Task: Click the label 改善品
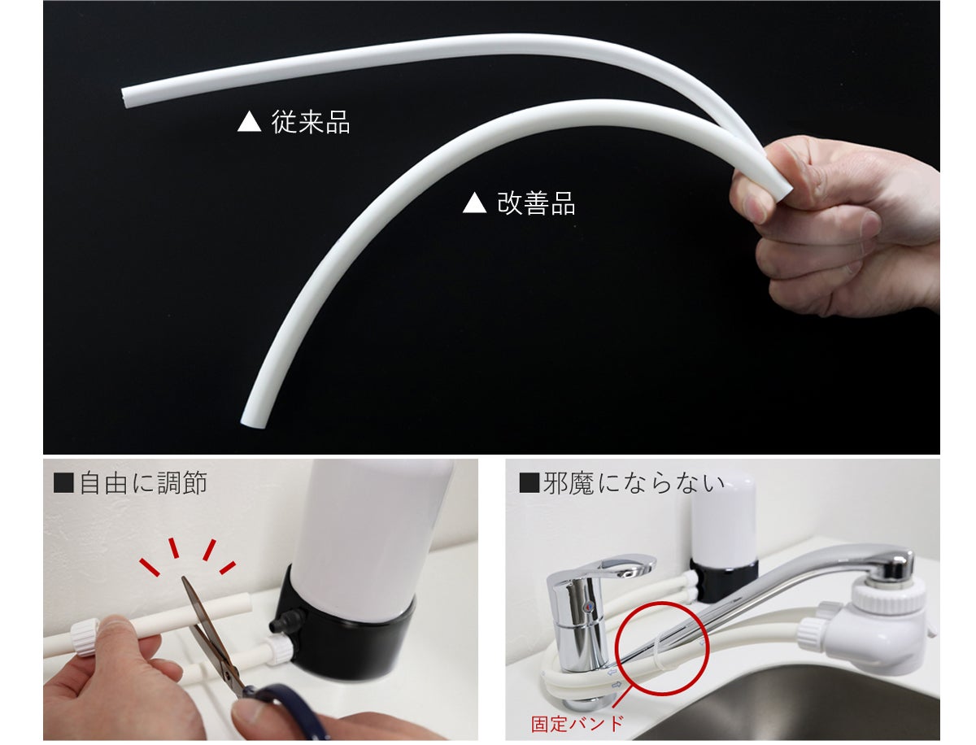(535, 203)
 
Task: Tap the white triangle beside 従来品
(249, 121)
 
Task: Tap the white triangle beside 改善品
(474, 203)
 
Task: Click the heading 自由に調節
(142, 483)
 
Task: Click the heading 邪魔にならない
(633, 483)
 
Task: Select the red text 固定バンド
(577, 724)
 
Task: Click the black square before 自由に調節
(63, 483)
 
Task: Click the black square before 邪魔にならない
(529, 483)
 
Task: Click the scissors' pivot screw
(228, 675)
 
